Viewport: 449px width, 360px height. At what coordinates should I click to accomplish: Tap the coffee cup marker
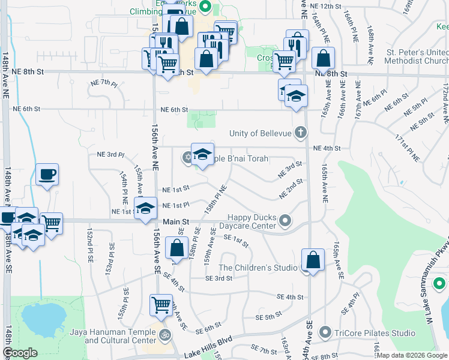pyautogui.click(x=47, y=175)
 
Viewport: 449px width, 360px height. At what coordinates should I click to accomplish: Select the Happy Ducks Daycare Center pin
pyautogui.click(x=285, y=221)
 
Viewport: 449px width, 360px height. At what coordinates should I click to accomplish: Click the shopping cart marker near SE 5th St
pyautogui.click(x=161, y=305)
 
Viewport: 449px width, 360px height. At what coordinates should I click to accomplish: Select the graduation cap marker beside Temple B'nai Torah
pyautogui.click(x=202, y=154)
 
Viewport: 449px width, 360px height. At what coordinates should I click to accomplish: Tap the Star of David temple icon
pyautogui.click(x=187, y=158)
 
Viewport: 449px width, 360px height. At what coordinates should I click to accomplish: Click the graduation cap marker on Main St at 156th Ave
pyautogui.click(x=145, y=209)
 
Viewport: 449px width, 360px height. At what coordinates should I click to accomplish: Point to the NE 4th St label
pyautogui.click(x=327, y=148)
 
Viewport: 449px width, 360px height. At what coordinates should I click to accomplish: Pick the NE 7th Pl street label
pyautogui.click(x=103, y=82)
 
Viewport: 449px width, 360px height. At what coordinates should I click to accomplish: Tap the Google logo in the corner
pyautogui.click(x=20, y=353)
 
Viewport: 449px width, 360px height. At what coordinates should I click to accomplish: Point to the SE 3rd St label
pyautogui.click(x=218, y=278)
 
